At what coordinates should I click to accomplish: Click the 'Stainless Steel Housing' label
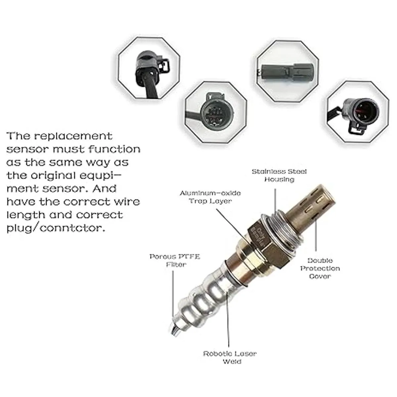pyautogui.click(x=279, y=175)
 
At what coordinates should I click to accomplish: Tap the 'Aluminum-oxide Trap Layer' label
pyautogui.click(x=210, y=197)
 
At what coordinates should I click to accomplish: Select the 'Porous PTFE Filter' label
pyautogui.click(x=175, y=260)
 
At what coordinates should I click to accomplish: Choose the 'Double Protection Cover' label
pyautogui.click(x=320, y=268)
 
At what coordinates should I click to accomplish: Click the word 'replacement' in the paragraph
pyautogui.click(x=73, y=136)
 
